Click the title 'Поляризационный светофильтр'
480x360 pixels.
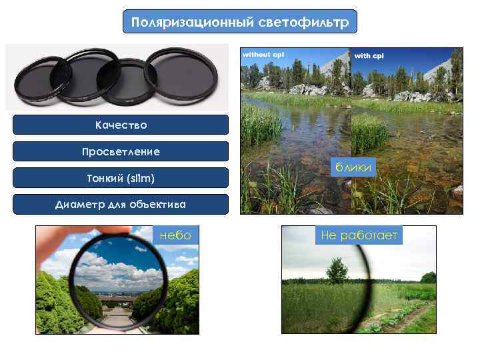tap(240, 22)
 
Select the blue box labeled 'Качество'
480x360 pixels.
tap(121, 125)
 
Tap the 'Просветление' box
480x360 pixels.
tap(121, 151)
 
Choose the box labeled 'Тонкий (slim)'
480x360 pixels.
tap(121, 178)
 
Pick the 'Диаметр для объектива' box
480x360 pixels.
tap(121, 204)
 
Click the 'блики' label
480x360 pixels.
tap(355, 168)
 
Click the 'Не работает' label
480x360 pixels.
tap(359, 235)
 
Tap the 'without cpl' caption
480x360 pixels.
tap(263, 54)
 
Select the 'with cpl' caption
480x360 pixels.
tap(368, 55)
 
